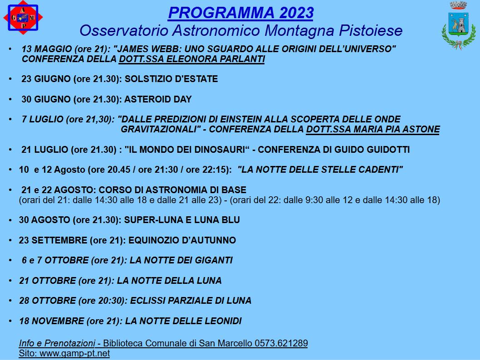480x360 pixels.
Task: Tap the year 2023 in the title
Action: click(296, 13)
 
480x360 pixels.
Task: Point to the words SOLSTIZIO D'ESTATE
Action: click(171, 79)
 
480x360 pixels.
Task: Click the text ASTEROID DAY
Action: click(158, 99)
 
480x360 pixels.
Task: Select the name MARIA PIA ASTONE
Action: click(397, 129)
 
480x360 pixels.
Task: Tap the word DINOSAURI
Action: click(220, 150)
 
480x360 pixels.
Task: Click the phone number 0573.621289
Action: click(281, 343)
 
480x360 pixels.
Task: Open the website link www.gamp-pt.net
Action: click(75, 354)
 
